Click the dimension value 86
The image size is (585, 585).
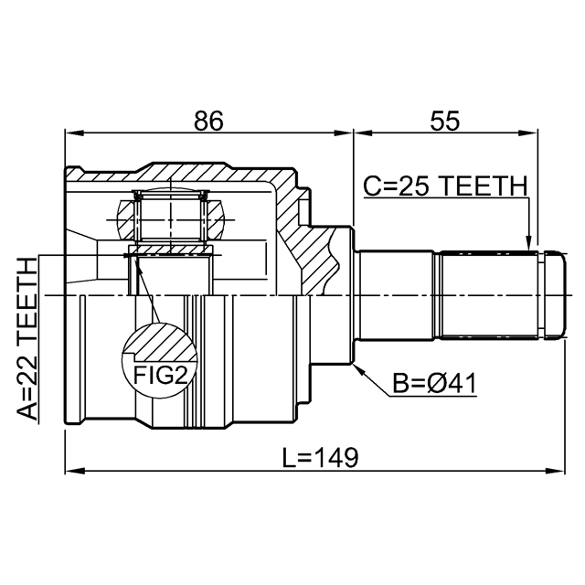(x=208, y=121)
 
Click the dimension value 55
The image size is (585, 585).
(x=445, y=121)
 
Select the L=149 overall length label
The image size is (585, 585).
(x=320, y=457)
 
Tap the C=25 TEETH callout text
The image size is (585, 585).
(x=445, y=186)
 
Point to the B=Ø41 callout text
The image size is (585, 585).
(x=435, y=383)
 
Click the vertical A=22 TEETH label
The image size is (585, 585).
(x=27, y=339)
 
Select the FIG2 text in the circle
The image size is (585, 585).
(x=159, y=375)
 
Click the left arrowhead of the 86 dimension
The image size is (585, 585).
(x=74, y=133)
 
